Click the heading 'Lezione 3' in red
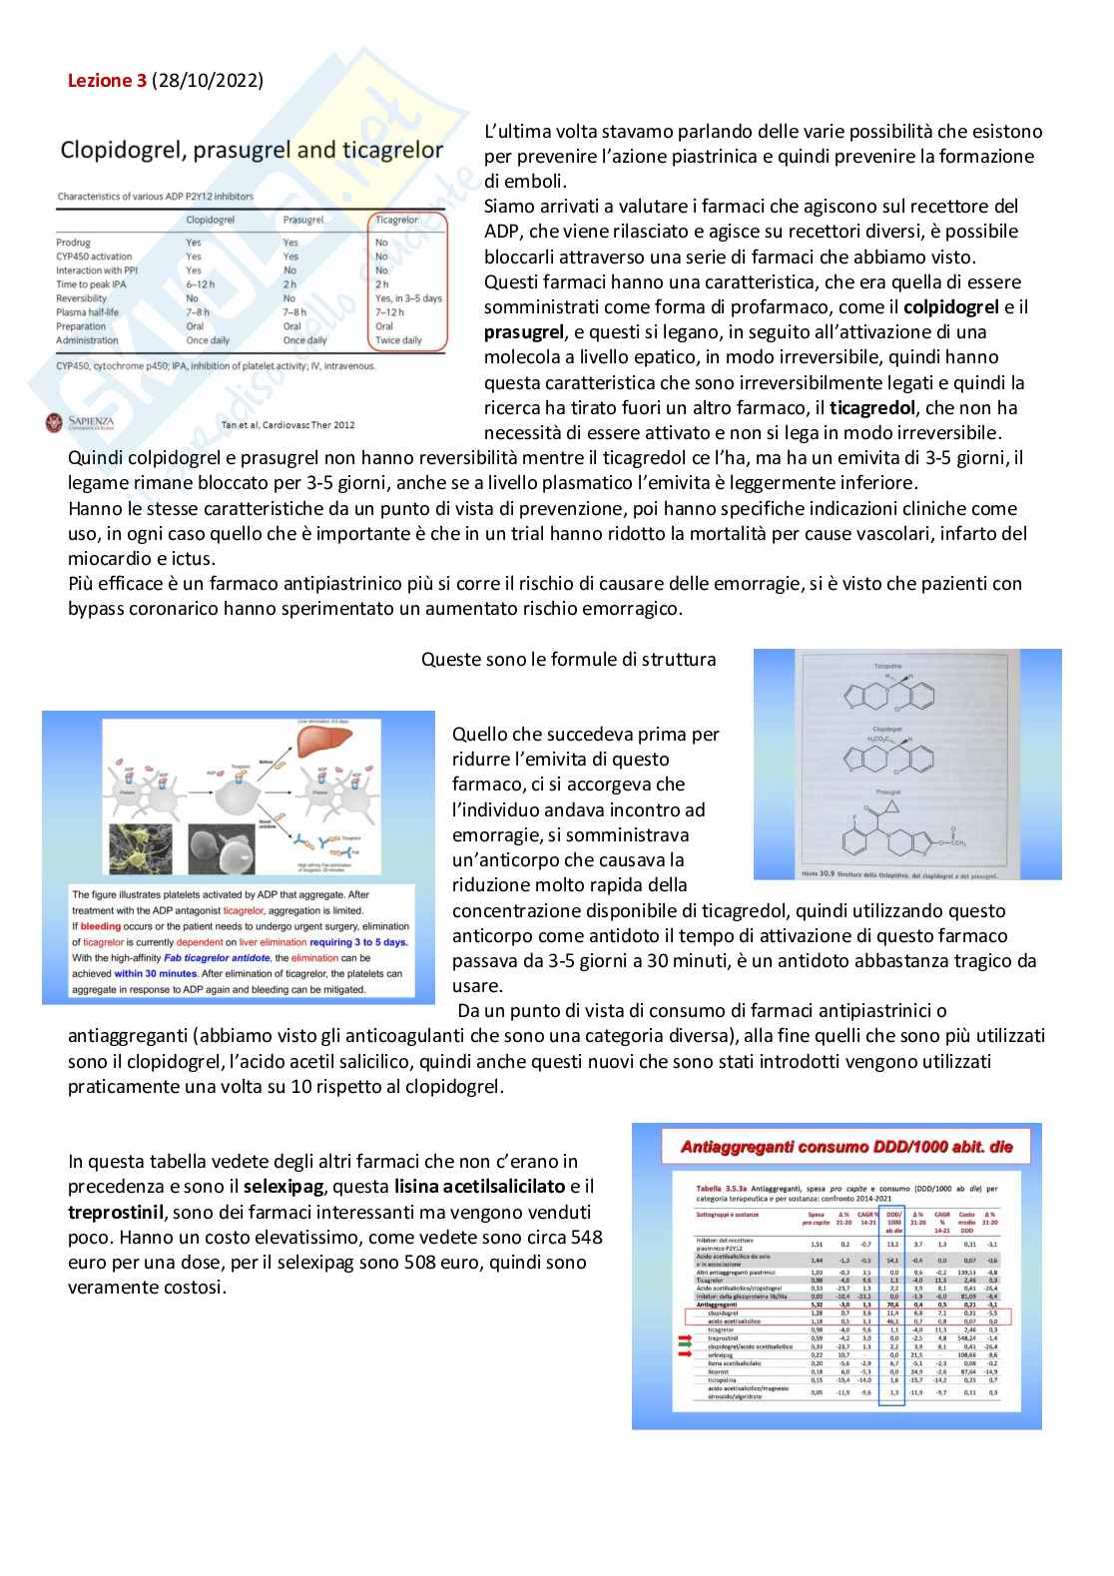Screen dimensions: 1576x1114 (x=107, y=81)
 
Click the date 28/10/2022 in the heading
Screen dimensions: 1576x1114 (x=208, y=81)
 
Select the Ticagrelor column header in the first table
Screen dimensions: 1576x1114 (x=396, y=220)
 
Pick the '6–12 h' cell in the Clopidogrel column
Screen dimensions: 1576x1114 (x=200, y=284)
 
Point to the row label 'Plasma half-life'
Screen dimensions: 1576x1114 (x=87, y=312)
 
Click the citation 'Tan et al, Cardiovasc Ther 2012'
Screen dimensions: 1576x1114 (x=287, y=425)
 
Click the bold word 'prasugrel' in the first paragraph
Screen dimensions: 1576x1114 (x=525, y=332)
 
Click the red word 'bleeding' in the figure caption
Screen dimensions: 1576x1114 (x=100, y=926)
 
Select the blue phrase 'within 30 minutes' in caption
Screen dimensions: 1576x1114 (x=155, y=973)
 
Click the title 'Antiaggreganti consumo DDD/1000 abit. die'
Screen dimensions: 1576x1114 (x=846, y=1147)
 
